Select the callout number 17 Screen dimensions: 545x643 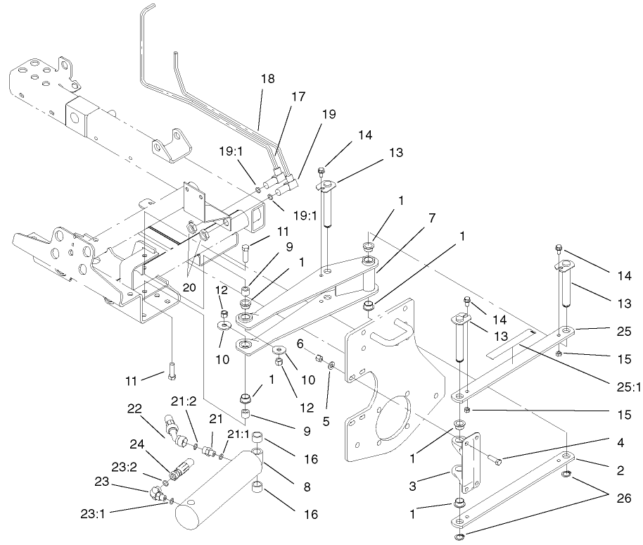point(298,97)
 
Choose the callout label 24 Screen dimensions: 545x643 point(137,444)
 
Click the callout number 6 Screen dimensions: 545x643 point(300,344)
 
